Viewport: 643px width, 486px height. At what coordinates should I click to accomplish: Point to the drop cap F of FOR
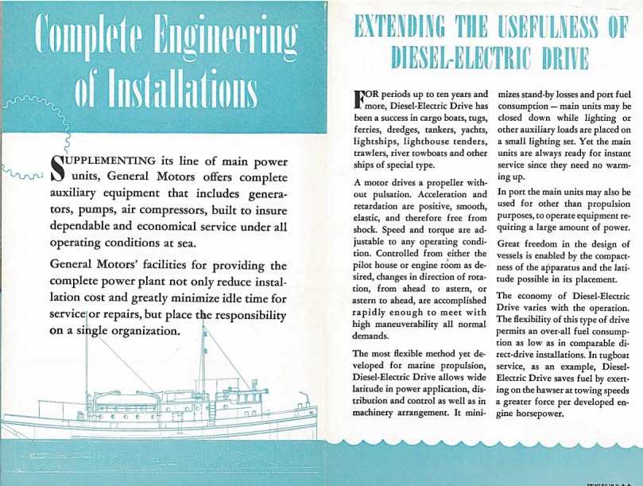pos(360,99)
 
